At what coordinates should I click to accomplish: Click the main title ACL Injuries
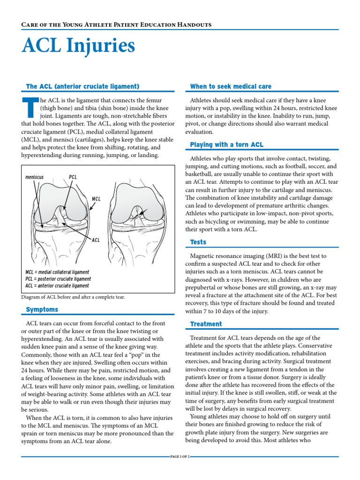click(78, 46)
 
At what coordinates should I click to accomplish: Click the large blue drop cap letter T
click(29, 108)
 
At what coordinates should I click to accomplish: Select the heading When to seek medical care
click(230, 86)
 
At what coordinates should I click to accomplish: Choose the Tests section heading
click(198, 242)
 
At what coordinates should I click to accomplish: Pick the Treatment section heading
click(206, 324)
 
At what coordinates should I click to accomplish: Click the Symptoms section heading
click(42, 309)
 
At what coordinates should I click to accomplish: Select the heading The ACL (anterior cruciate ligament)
click(82, 86)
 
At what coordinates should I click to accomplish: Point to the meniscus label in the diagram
click(35, 178)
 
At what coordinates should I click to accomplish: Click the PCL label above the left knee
click(73, 178)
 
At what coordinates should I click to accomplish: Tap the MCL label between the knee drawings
click(96, 199)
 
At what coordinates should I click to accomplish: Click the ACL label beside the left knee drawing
click(96, 240)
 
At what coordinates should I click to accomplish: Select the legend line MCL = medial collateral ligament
click(57, 272)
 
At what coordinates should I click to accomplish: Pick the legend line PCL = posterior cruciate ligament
click(58, 278)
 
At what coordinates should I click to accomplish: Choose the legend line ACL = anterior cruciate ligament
click(58, 285)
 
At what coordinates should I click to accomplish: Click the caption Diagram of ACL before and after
click(73, 297)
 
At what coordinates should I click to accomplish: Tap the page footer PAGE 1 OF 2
click(180, 456)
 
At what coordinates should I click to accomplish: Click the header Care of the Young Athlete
click(117, 24)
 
